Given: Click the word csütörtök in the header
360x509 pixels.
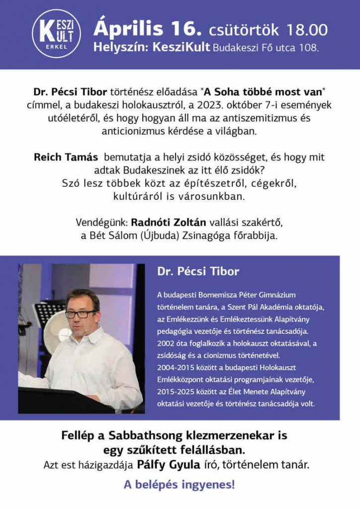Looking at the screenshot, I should pyautogui.click(x=244, y=30).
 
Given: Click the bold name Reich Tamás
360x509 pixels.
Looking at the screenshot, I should pyautogui.click(x=66, y=157).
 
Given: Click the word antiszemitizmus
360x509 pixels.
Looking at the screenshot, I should pyautogui.click(x=266, y=119).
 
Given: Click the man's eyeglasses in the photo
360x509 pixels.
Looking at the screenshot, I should pyautogui.click(x=81, y=314).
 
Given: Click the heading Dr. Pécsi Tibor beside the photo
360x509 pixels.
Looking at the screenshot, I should pyautogui.click(x=198, y=272).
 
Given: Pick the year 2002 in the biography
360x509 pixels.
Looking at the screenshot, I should pyautogui.click(x=166, y=343).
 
